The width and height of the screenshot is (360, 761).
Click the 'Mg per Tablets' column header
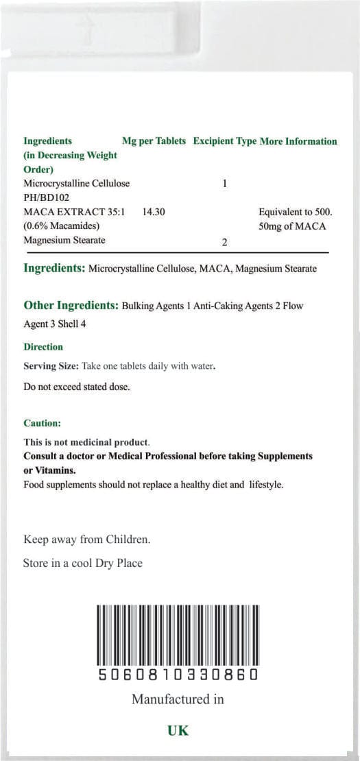click(x=154, y=141)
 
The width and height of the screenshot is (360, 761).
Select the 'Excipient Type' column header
click(x=225, y=141)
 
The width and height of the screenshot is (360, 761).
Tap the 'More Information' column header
click(x=298, y=141)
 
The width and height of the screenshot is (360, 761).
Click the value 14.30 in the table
click(x=154, y=213)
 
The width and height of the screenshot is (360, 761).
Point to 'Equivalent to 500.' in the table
click(x=296, y=213)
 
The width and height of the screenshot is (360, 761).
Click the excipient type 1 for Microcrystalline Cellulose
click(x=225, y=184)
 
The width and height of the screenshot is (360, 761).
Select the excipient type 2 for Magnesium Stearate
click(x=225, y=242)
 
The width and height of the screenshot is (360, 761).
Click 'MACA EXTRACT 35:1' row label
click(x=74, y=213)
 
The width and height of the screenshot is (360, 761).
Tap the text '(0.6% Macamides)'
click(x=62, y=226)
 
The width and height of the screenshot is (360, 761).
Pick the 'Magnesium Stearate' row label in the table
click(x=64, y=241)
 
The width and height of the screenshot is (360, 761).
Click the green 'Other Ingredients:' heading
click(x=71, y=305)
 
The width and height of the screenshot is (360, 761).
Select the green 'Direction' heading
click(x=43, y=347)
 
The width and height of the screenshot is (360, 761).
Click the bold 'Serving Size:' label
click(x=51, y=366)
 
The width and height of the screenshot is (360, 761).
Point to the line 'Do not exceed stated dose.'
click(x=76, y=387)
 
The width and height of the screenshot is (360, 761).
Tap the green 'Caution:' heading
click(x=42, y=424)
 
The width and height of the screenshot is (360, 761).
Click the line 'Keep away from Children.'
click(x=87, y=540)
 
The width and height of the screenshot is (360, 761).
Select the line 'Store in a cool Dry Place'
click(x=83, y=564)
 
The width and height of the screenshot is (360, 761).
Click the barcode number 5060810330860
click(x=178, y=675)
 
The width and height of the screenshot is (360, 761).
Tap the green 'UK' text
click(x=178, y=731)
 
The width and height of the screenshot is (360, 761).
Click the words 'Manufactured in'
click(x=178, y=699)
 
